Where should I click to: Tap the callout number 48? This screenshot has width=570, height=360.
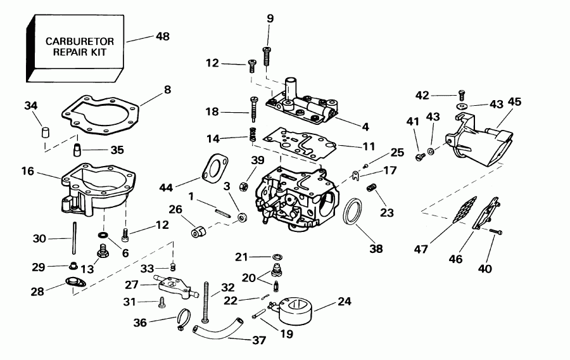[163, 37]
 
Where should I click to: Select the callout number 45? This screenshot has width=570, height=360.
[514, 101]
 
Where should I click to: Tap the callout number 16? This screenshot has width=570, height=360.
[27, 172]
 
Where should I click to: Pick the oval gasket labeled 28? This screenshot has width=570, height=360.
[75, 284]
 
